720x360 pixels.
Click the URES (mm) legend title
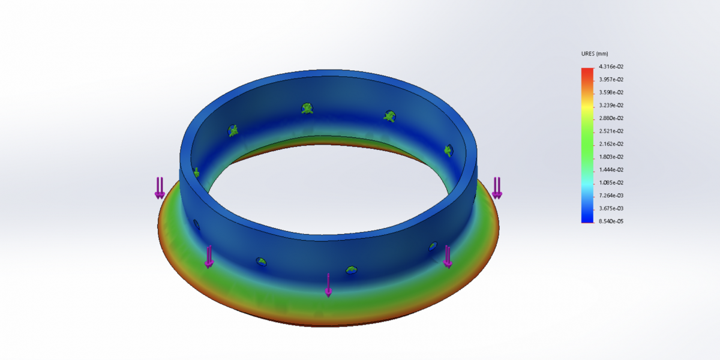coord(595,53)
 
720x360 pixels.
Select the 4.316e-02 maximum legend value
coord(611,67)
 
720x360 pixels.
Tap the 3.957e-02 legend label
coord(611,79)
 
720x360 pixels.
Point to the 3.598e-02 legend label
coord(611,92)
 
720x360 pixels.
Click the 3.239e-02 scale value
coord(611,105)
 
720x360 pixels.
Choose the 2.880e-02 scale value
coord(611,118)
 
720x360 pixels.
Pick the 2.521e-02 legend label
coord(611,131)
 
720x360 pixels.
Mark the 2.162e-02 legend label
coord(611,143)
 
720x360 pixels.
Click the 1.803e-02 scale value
coord(611,157)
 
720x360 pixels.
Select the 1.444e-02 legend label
coord(611,170)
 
